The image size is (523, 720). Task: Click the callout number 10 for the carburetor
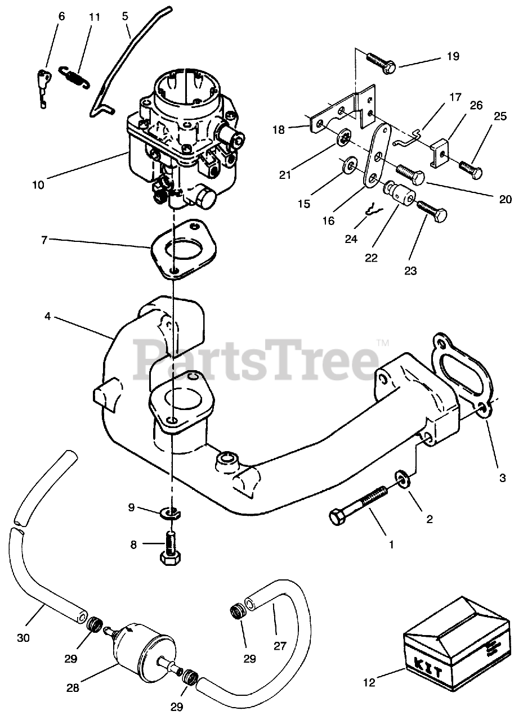pyautogui.click(x=38, y=184)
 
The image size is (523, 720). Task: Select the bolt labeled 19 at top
pyautogui.click(x=382, y=62)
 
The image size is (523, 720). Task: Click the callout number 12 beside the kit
pyautogui.click(x=369, y=683)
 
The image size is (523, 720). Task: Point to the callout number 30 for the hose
pyautogui.click(x=23, y=638)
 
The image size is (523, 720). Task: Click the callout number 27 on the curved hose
pyautogui.click(x=280, y=645)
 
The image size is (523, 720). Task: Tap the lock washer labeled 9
pyautogui.click(x=171, y=512)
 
